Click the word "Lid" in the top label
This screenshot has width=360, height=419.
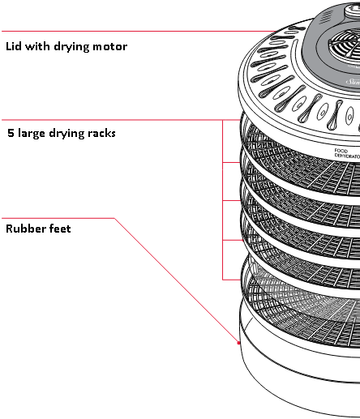tap(14, 46)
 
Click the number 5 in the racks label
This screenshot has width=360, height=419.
tap(10, 132)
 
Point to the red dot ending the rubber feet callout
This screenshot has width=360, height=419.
tap(238, 344)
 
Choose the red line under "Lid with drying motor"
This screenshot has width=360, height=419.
tap(122, 32)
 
